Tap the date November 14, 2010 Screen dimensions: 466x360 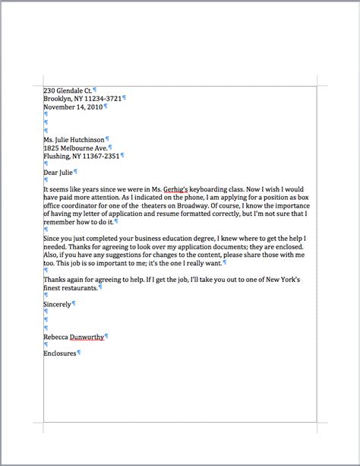(x=72, y=107)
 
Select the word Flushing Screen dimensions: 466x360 (x=57, y=156)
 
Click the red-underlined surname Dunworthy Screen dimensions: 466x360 (x=87, y=337)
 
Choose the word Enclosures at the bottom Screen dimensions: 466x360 (x=60, y=353)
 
